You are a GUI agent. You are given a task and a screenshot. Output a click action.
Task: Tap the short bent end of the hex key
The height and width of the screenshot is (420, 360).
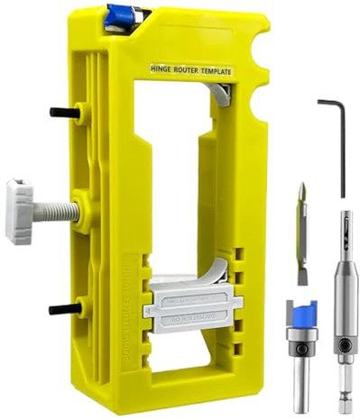pos(326,102)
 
